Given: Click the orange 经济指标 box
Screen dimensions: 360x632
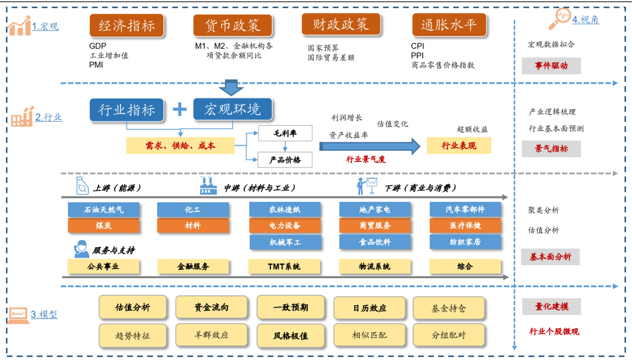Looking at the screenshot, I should pos(126,26).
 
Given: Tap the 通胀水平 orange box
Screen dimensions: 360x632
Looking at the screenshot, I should pos(448,25).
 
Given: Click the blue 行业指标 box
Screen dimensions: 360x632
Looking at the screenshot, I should pos(126,110).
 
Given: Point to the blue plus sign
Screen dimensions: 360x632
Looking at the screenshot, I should pos(179,109).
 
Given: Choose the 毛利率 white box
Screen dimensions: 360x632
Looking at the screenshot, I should pos(285,133).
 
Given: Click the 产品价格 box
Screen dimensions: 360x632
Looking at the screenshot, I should pos(285,160).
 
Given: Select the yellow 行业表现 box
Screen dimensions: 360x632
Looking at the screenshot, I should pos(459,146).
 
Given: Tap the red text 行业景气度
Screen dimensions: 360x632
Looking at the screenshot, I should pos(366,160).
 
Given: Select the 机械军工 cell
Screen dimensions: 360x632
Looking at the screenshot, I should pos(285,242).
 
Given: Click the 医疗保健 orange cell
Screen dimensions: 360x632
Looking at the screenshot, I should pos(465,226).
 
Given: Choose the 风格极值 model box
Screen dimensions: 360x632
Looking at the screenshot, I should pos(291,335).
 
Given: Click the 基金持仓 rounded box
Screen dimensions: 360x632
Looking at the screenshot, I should pos(448,308).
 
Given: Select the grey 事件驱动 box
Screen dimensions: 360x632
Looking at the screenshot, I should pos(551,66).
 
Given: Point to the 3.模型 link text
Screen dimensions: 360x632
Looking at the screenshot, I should pos(44,315).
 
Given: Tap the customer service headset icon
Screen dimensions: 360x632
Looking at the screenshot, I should pos(81,250).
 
